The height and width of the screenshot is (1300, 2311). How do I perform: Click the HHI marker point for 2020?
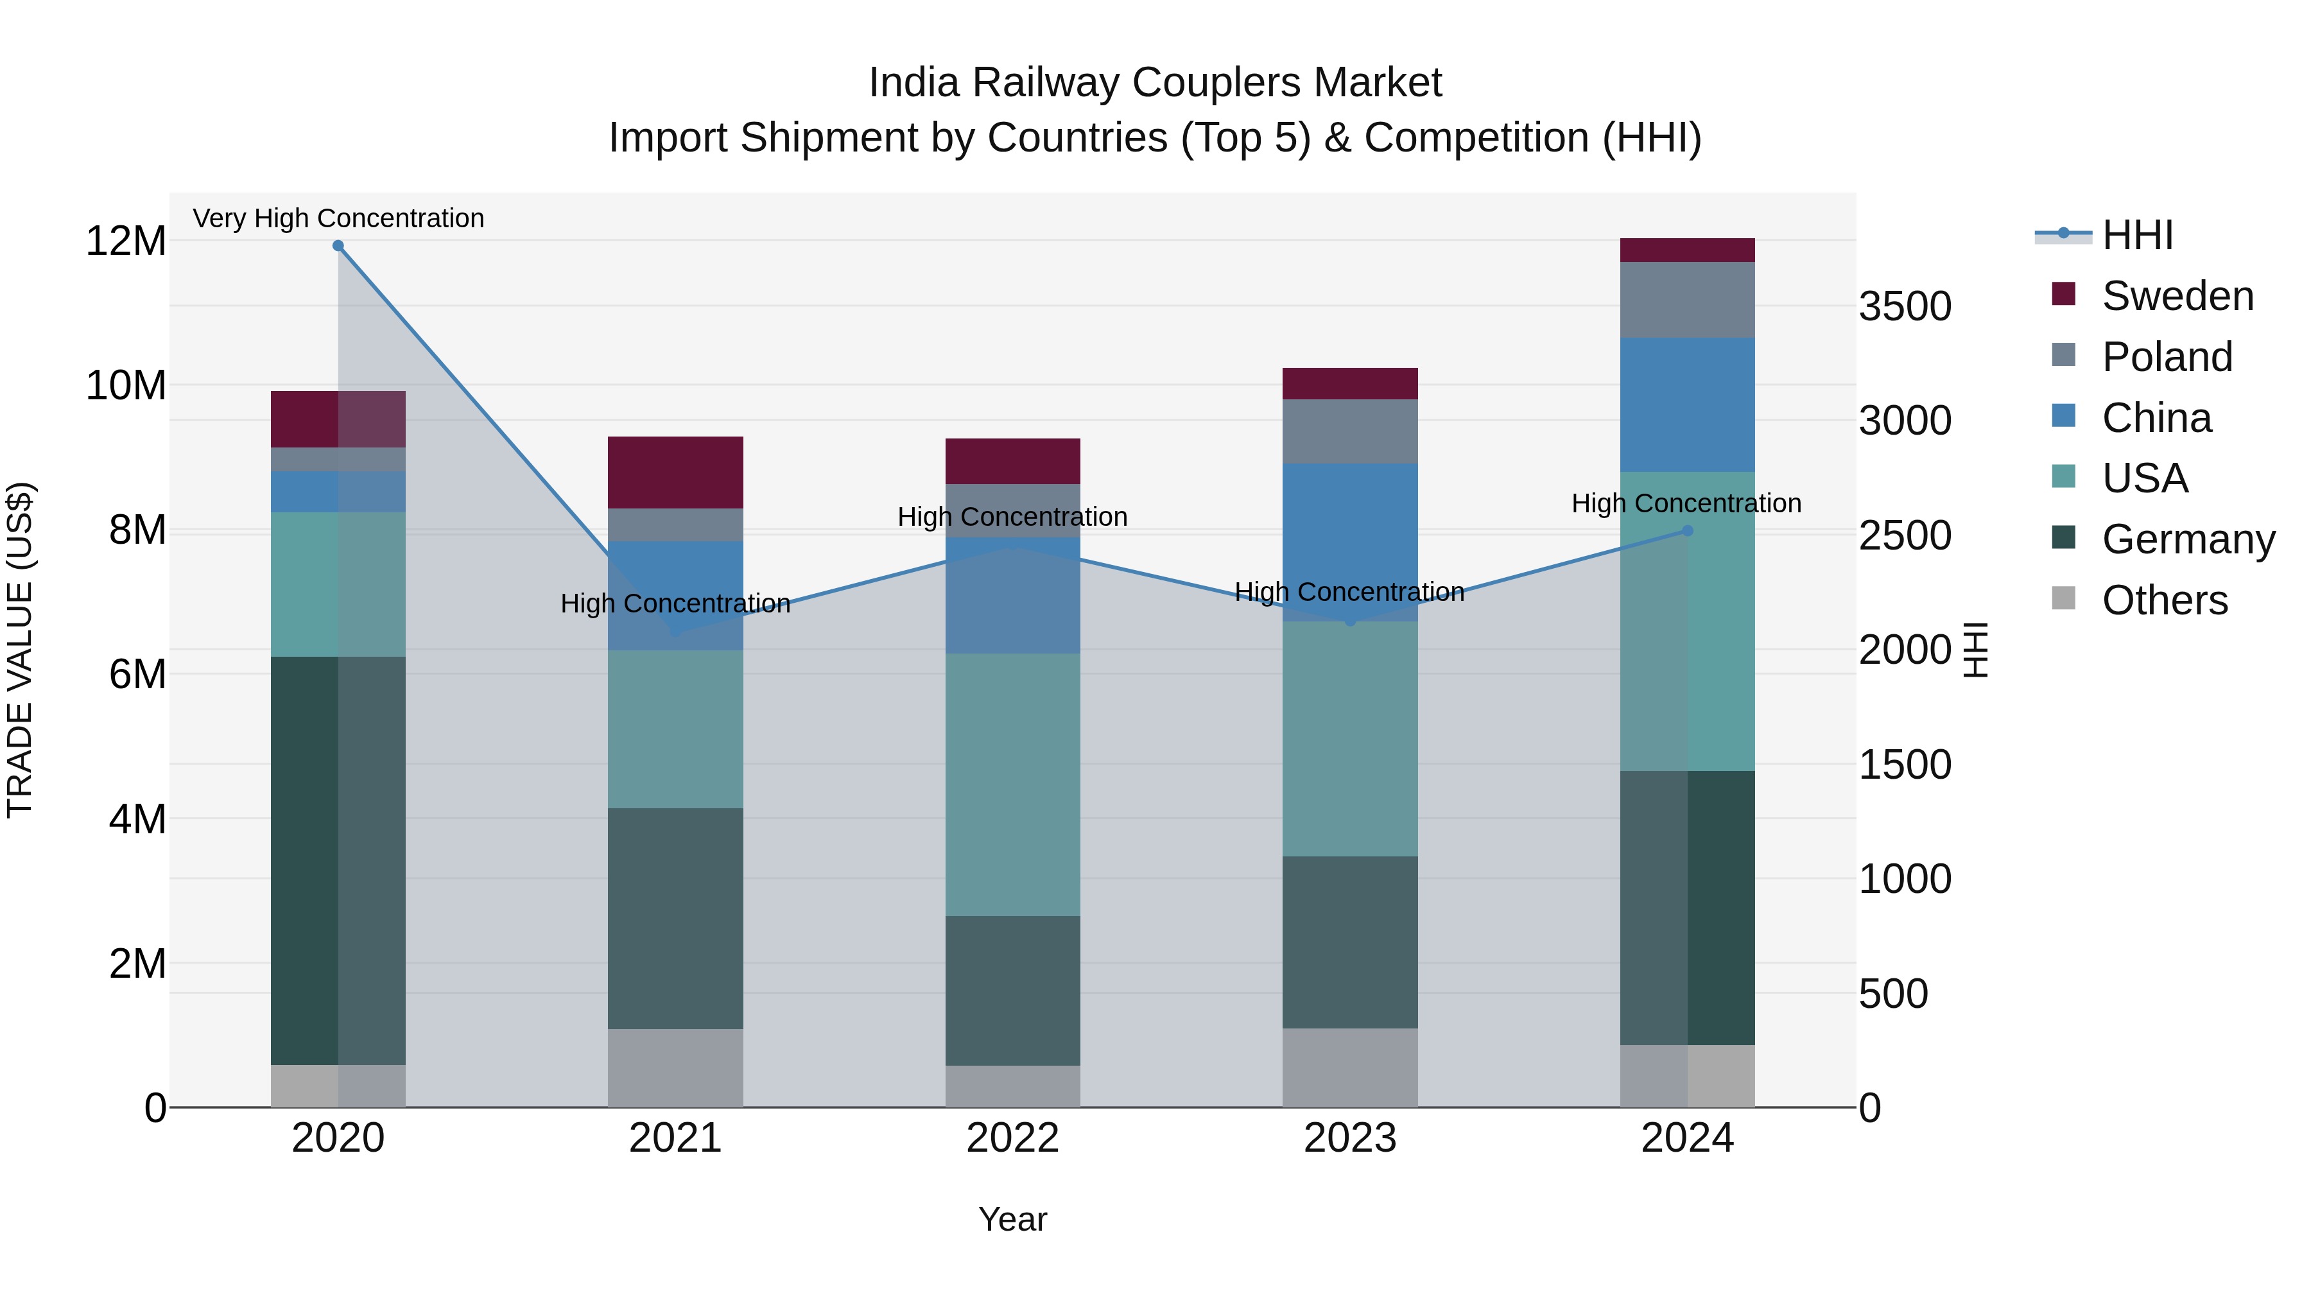(338, 246)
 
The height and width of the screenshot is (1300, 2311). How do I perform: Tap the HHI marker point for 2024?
(1686, 531)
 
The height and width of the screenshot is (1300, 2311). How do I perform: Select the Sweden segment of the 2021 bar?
(675, 472)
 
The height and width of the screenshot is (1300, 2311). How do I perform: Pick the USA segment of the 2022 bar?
(1013, 785)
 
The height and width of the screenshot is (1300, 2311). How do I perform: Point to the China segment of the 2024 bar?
(1686, 404)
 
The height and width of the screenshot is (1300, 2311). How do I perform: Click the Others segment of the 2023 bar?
(1350, 1068)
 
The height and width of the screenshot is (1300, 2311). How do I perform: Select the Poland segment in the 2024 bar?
(1686, 300)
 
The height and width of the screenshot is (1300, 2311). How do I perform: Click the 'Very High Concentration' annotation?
(338, 218)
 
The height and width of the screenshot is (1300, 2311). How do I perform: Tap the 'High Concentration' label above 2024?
(1686, 503)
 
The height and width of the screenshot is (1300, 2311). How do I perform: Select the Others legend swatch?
(2063, 598)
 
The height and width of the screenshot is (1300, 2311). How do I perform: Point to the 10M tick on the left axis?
(126, 385)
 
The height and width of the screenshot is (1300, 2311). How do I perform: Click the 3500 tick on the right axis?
(1905, 306)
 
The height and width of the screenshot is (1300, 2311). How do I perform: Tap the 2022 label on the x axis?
(1013, 1138)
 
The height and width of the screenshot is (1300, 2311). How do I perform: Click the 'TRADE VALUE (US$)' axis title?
(21, 650)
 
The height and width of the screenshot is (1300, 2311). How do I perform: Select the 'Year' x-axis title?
(1013, 1219)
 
